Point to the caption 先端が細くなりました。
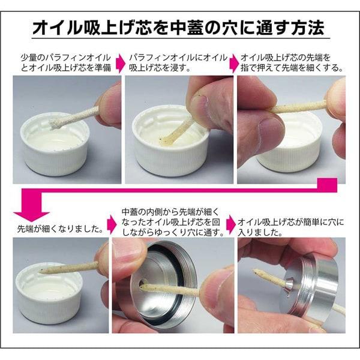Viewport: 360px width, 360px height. tap(59, 229)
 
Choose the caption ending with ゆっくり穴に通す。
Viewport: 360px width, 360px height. tap(175, 220)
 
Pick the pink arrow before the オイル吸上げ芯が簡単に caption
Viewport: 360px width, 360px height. tap(232, 220)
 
